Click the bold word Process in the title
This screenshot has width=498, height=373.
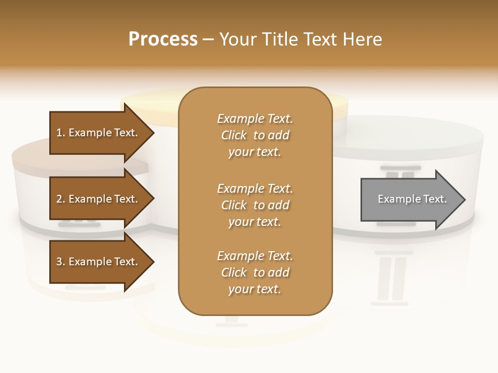point(163,39)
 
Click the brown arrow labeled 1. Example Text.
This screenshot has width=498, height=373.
point(99,133)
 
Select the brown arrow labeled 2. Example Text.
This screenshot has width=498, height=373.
point(99,199)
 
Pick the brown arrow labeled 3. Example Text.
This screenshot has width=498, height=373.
point(99,262)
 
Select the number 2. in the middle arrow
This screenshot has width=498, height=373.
point(61,199)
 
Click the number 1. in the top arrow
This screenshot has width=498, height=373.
point(61,133)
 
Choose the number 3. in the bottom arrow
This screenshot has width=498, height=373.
point(61,262)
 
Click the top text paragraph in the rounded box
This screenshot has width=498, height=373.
point(255,135)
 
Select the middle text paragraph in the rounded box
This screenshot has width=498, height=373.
point(255,205)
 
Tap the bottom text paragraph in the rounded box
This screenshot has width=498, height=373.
point(255,272)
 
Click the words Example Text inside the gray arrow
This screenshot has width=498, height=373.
point(412,199)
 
